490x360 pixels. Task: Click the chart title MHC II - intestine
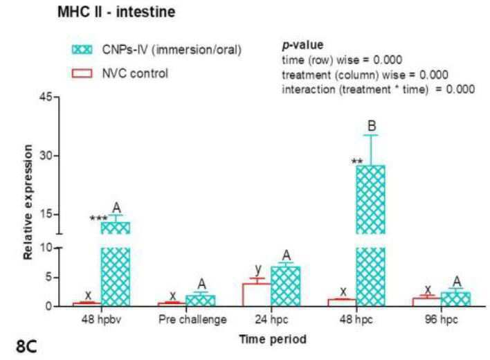point(116,12)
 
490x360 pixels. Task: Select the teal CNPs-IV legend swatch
point(82,50)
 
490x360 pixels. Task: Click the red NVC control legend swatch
point(82,73)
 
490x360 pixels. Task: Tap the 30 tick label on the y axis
point(46,156)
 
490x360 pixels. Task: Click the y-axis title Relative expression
point(28,202)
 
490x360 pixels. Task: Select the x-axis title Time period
point(273,339)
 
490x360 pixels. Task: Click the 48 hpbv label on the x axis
point(101,320)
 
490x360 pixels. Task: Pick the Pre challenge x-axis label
point(192,320)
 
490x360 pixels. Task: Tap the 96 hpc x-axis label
point(442,320)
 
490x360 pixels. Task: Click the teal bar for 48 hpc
point(371,235)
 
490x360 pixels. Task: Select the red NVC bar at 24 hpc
point(257,295)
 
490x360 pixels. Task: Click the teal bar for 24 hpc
point(286,286)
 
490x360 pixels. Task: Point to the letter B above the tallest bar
point(372,126)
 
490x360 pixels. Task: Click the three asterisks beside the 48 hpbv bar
point(98,219)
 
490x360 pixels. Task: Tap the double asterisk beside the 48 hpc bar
point(357,161)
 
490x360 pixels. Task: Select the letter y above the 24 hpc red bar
point(258,269)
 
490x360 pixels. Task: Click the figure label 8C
point(26,346)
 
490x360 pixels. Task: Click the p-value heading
point(302,45)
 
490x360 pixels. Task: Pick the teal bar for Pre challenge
point(200,300)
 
